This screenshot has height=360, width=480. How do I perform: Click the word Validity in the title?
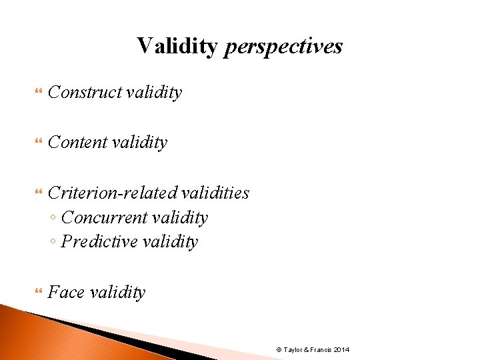pos(177,46)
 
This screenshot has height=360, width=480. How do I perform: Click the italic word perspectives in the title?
pos(283,46)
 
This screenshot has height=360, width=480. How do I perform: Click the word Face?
pos(65,292)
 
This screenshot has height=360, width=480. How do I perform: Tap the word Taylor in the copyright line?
pos(293,350)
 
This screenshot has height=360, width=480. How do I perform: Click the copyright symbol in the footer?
pos(279,350)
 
